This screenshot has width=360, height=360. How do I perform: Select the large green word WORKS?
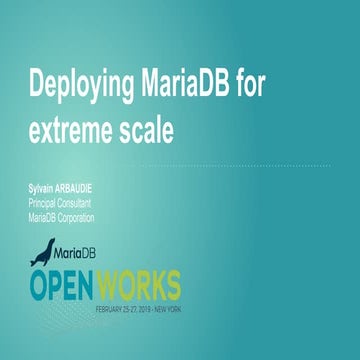144,281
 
